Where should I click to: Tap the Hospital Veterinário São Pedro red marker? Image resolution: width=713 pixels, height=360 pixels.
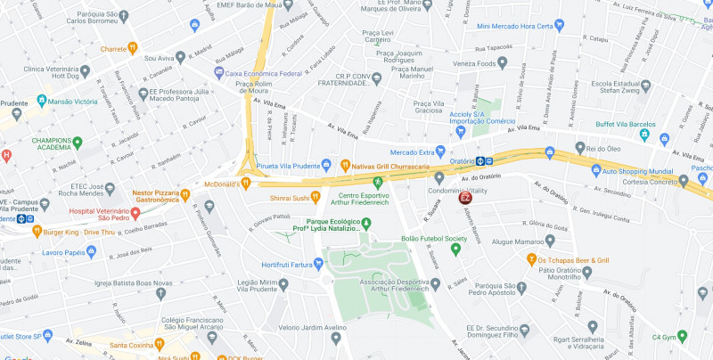pyautogui.click(x=135, y=213)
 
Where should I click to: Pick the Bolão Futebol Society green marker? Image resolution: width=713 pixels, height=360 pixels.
pyautogui.click(x=455, y=249)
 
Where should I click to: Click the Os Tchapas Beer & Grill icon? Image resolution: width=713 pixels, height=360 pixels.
pyautogui.click(x=531, y=259)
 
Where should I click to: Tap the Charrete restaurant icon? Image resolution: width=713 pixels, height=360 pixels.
pyautogui.click(x=132, y=48)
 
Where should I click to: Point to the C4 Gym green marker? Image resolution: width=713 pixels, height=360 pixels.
pyautogui.click(x=682, y=336)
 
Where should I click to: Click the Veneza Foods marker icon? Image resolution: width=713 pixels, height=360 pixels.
pyautogui.click(x=503, y=63)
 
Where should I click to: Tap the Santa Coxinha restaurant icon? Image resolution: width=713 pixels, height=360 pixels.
pyautogui.click(x=160, y=343)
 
